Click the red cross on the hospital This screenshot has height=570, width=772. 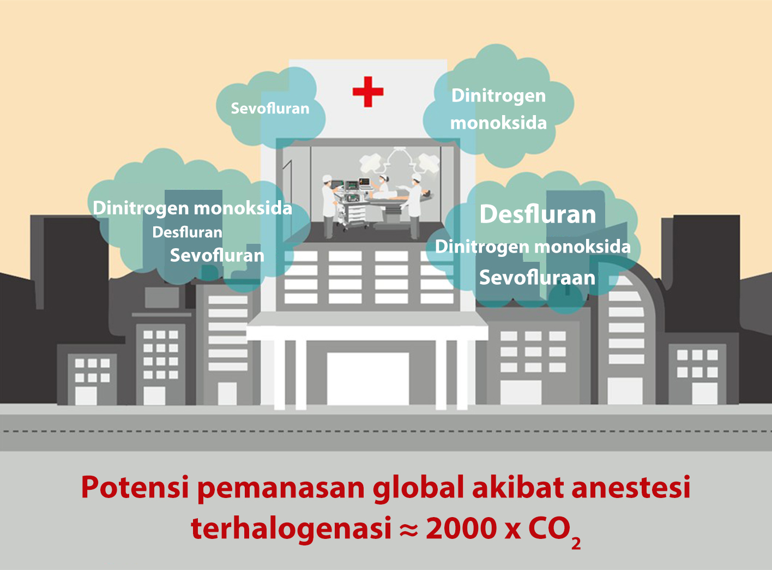[368, 92]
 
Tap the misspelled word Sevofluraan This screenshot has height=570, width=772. [537, 278]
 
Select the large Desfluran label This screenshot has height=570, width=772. [538, 214]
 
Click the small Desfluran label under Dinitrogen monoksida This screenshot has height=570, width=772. [187, 232]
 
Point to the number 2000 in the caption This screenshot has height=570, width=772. [461, 529]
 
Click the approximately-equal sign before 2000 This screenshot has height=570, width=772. [408, 531]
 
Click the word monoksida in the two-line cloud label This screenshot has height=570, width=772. [498, 123]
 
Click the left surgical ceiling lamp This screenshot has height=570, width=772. [372, 162]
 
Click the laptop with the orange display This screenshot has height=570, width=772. [364, 183]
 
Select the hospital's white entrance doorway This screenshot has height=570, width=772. [367, 379]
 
